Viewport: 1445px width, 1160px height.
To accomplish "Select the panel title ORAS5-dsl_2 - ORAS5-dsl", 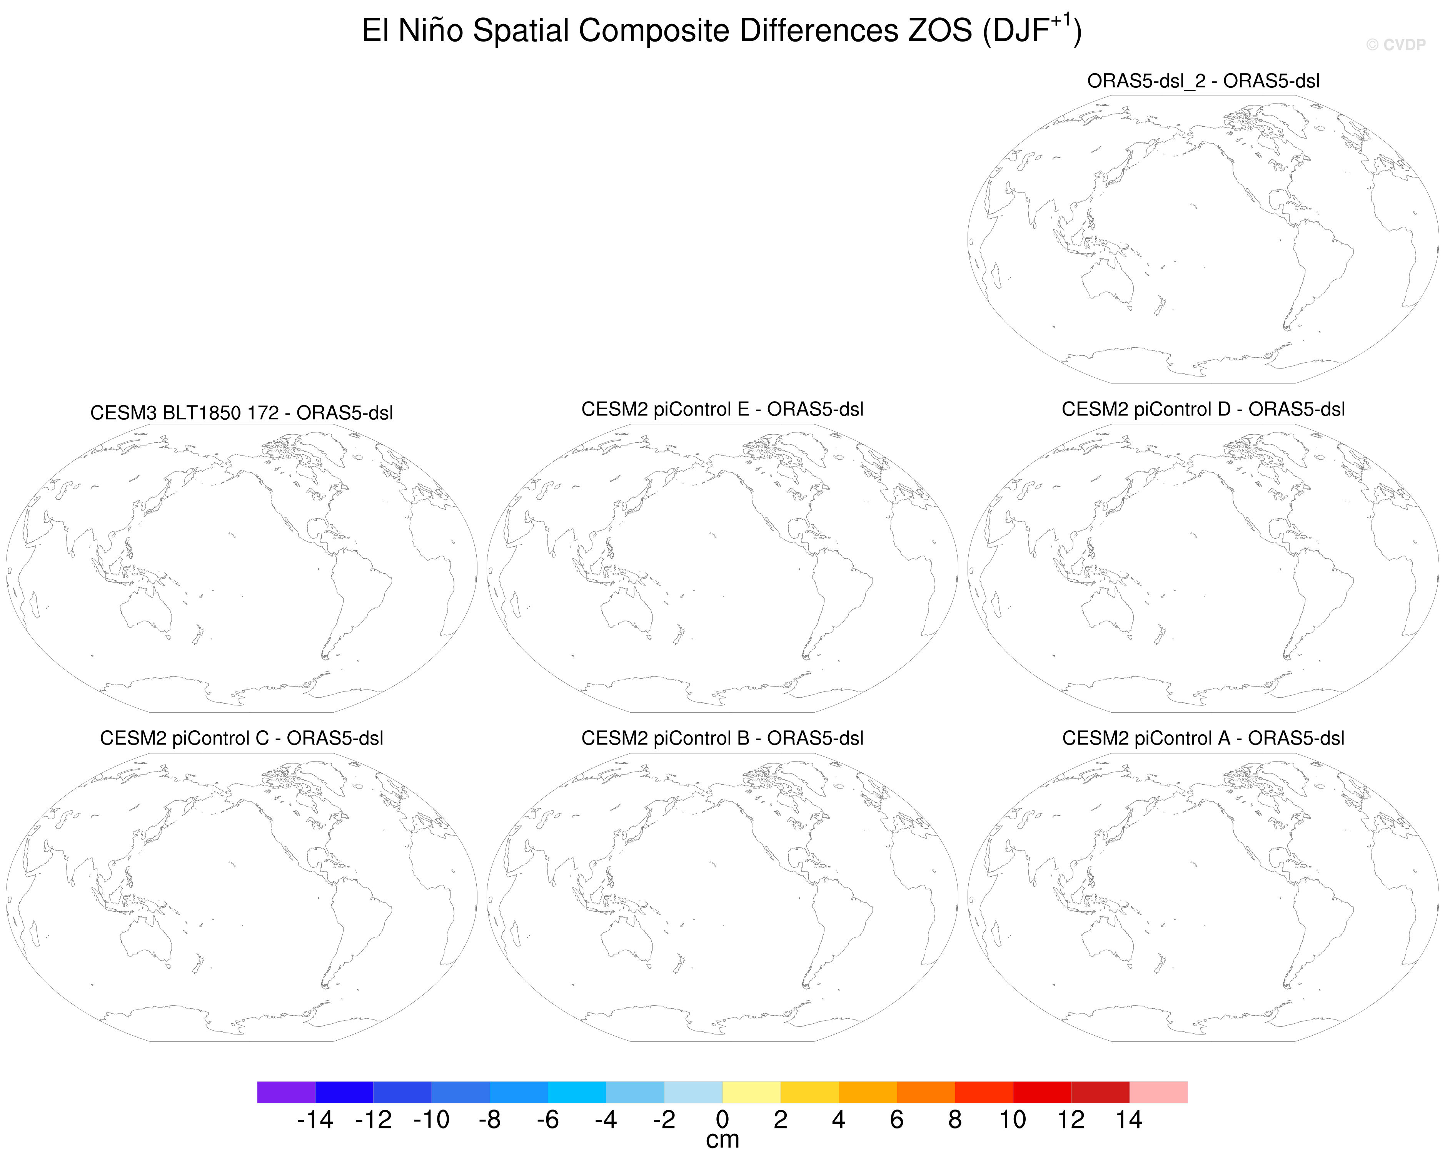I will tap(1203, 81).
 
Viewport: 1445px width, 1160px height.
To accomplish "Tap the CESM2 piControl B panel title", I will tap(722, 738).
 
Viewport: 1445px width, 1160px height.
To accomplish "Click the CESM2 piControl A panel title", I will tap(1203, 738).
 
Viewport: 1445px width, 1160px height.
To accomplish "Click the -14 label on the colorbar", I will tap(315, 1120).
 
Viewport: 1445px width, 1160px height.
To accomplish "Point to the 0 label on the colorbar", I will tap(722, 1120).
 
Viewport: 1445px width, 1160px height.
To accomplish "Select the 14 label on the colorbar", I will tap(1129, 1120).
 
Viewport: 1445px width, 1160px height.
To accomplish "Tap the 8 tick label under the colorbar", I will tap(954, 1120).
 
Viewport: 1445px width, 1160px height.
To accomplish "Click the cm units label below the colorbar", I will tap(722, 1140).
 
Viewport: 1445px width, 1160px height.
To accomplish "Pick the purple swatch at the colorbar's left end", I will tap(286, 1092).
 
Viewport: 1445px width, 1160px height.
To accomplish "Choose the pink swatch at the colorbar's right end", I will tap(1158, 1092).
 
